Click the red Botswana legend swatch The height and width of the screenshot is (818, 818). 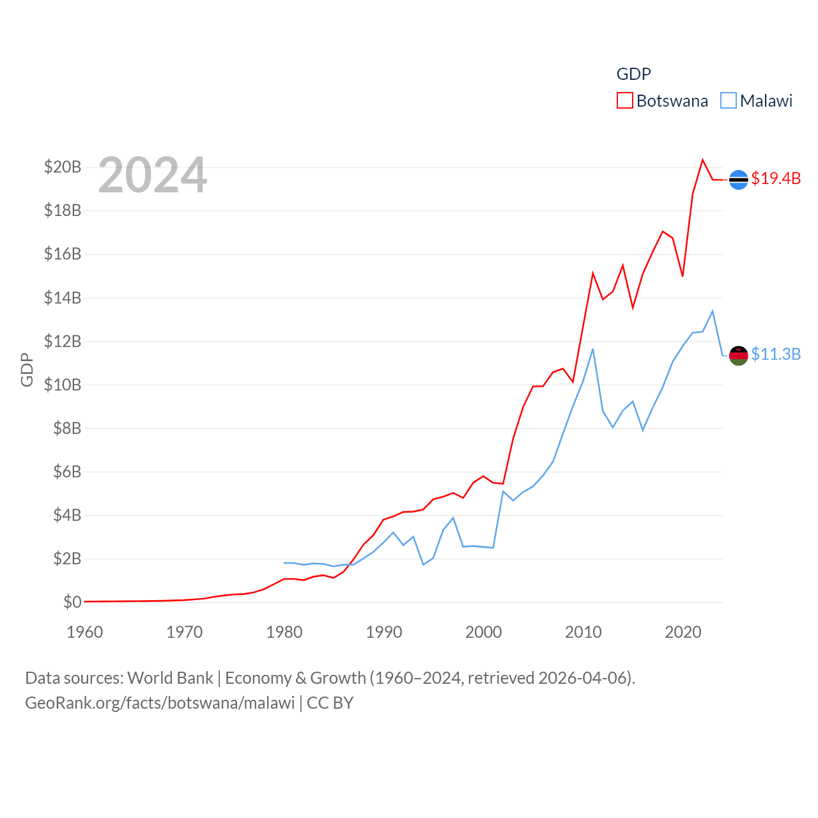(x=624, y=101)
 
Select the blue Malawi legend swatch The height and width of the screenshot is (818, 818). (x=728, y=101)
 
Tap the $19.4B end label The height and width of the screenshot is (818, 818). (x=776, y=178)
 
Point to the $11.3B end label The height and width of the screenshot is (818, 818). (x=776, y=354)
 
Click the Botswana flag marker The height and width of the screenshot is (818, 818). (x=738, y=180)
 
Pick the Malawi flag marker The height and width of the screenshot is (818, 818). (x=738, y=355)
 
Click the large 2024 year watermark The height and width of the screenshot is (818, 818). (x=153, y=175)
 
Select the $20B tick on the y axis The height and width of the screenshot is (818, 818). (x=63, y=167)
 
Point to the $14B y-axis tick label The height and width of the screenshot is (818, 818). (x=63, y=298)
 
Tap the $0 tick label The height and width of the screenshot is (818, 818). (x=72, y=602)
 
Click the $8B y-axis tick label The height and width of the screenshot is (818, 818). (x=67, y=428)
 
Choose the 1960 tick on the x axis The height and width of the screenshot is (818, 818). (x=85, y=633)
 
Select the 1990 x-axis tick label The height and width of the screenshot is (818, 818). (x=384, y=633)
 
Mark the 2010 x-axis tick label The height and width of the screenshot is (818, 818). (x=583, y=633)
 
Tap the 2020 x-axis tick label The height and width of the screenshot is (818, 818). (x=683, y=633)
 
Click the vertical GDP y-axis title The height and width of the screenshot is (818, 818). (x=27, y=369)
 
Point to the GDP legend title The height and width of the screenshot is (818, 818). (x=633, y=74)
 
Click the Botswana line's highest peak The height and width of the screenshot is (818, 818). (x=702, y=160)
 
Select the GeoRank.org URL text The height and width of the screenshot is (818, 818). (x=160, y=704)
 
